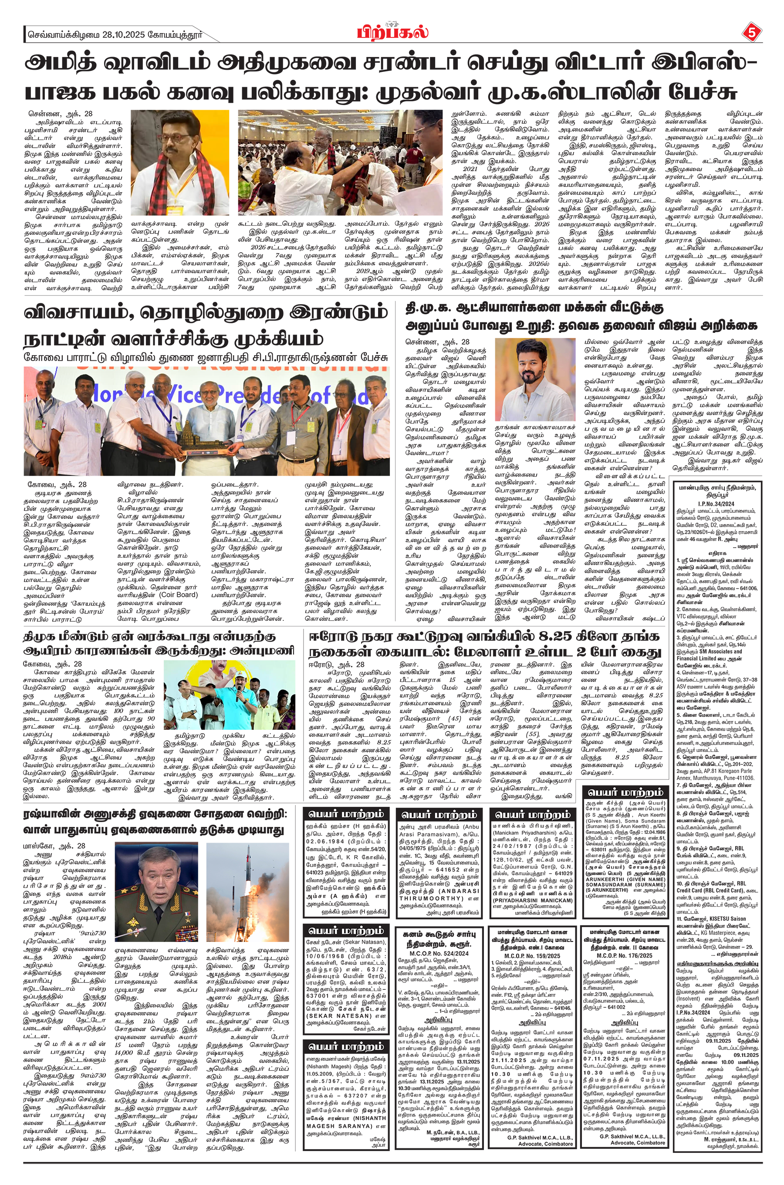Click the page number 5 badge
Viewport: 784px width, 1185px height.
tap(750, 33)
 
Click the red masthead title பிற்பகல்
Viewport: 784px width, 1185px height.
tap(392, 33)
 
